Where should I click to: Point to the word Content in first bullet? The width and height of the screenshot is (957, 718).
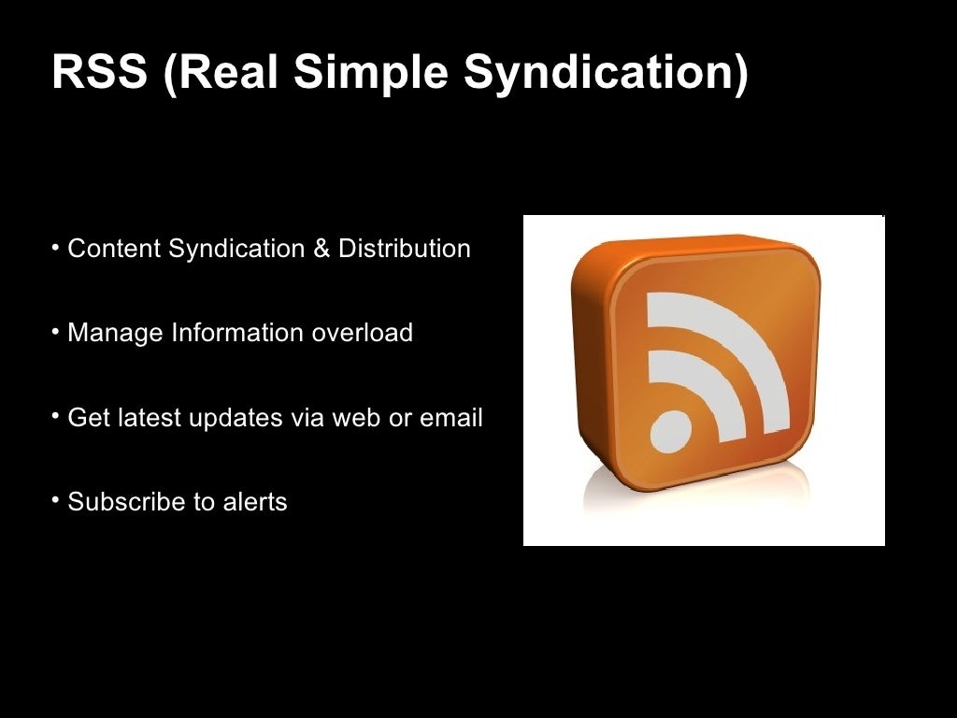point(114,250)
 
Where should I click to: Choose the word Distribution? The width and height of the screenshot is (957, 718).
point(405,250)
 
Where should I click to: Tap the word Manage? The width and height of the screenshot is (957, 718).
point(115,333)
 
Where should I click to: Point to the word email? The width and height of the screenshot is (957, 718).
point(451,417)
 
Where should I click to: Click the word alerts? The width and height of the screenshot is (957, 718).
point(255,501)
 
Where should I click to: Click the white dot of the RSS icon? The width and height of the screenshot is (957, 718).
point(671,431)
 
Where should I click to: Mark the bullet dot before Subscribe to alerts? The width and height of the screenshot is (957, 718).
point(56,500)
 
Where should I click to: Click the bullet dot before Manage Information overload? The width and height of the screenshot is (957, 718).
point(56,332)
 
